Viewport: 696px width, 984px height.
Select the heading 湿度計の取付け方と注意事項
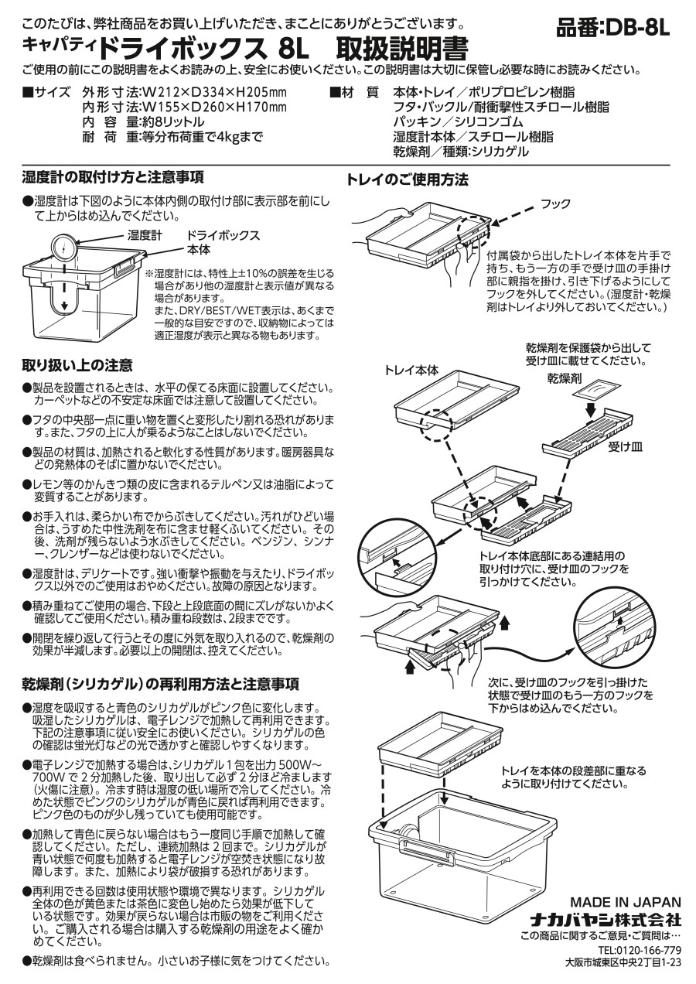click(113, 177)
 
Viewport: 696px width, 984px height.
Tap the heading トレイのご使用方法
click(408, 179)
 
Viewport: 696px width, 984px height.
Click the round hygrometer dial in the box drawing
click(64, 248)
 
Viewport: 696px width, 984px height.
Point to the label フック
click(555, 203)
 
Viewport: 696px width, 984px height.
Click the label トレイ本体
click(411, 371)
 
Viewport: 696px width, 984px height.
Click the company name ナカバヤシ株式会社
click(606, 920)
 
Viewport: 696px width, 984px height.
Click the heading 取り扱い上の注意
click(77, 365)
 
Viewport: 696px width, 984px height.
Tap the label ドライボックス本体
click(223, 242)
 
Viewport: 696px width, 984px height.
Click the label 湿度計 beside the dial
click(145, 236)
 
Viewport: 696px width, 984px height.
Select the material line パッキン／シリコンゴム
click(458, 122)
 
